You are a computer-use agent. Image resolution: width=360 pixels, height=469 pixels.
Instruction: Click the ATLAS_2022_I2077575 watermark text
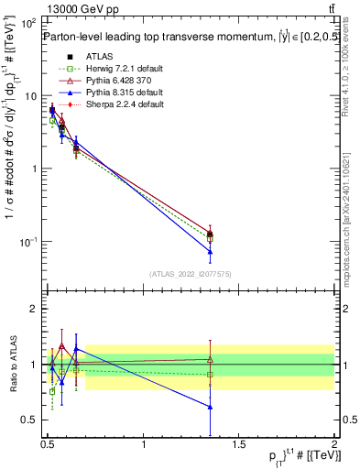click(190, 273)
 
